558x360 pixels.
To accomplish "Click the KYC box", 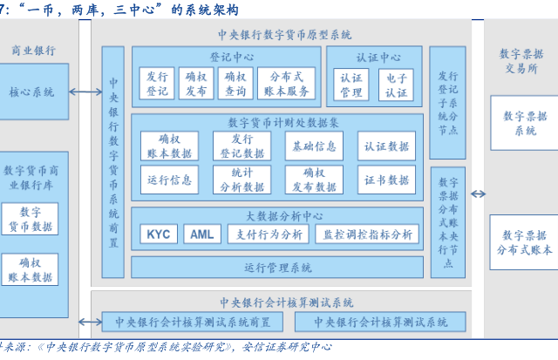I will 158,235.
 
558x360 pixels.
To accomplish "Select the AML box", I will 201,235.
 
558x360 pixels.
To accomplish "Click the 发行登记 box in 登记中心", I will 158,84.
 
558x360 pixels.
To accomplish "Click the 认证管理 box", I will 350,84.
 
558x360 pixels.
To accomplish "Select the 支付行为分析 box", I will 267,235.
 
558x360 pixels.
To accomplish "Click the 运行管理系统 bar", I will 278,267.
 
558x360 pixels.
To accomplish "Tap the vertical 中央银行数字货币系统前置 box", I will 113,161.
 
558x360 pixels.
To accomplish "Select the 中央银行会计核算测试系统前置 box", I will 193,323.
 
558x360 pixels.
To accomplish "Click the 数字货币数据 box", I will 31,219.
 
